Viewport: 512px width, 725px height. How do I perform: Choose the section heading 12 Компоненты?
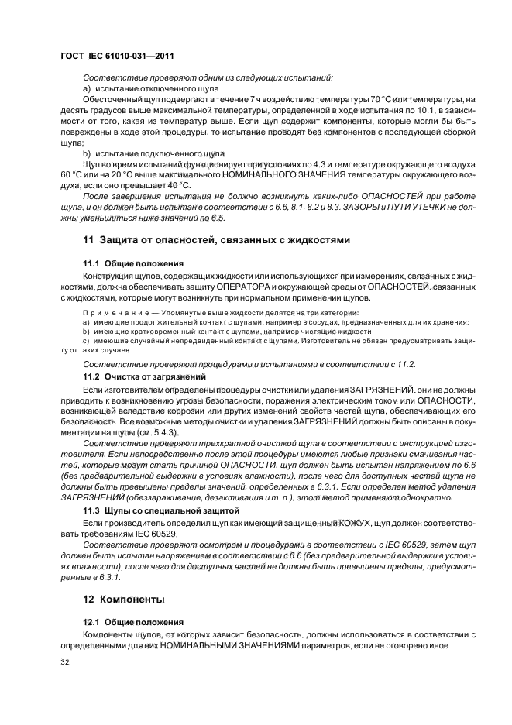tap(124, 599)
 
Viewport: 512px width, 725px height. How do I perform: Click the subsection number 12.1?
tap(92, 621)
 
